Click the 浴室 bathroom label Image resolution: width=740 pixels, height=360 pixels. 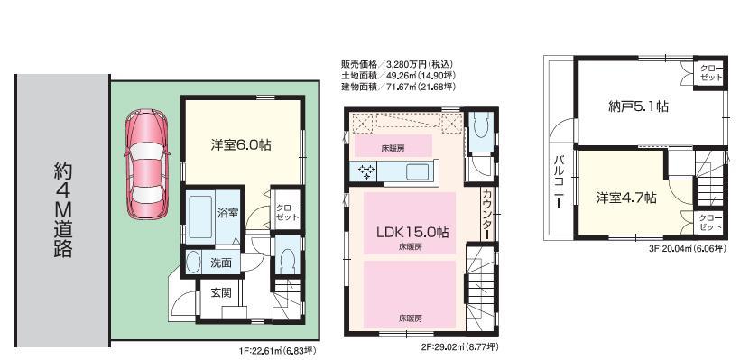pos(227,214)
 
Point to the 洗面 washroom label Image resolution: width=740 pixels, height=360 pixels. pos(221,263)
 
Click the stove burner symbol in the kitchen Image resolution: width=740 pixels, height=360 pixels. pos(367,171)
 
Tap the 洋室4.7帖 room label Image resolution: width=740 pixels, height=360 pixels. pos(625,198)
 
